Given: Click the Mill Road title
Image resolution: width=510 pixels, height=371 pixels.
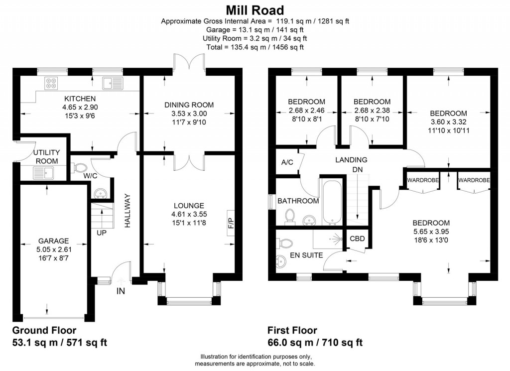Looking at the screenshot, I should [255, 9].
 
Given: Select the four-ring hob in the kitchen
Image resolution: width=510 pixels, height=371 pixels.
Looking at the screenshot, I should [51, 83].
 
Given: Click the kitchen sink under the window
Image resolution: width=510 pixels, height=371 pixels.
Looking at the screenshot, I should [109, 83].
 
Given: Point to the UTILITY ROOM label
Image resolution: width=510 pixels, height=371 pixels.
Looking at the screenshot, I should [46, 157].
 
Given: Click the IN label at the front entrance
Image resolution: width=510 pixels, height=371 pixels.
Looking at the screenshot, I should [121, 291].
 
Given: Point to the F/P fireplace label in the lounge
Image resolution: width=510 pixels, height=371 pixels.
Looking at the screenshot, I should [231, 220].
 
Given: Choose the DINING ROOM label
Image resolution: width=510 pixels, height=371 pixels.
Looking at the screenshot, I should [189, 105].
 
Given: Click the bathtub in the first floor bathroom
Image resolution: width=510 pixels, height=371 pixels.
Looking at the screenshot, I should [331, 203].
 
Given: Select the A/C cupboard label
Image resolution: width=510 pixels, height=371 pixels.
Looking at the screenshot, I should [287, 162].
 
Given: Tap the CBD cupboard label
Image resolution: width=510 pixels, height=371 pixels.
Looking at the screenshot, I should [357, 239].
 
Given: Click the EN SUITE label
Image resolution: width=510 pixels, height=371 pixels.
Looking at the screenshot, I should [306, 255].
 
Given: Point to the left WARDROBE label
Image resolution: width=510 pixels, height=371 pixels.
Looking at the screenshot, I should [423, 180].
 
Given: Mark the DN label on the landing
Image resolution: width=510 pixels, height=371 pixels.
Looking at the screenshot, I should [358, 169].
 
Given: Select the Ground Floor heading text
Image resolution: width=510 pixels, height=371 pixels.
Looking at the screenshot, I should [44, 330].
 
